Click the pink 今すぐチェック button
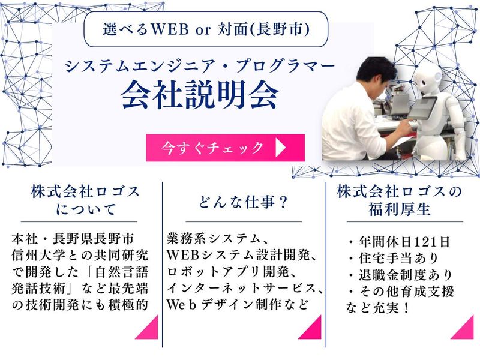click(225, 148)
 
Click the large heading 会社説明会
click(200, 94)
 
